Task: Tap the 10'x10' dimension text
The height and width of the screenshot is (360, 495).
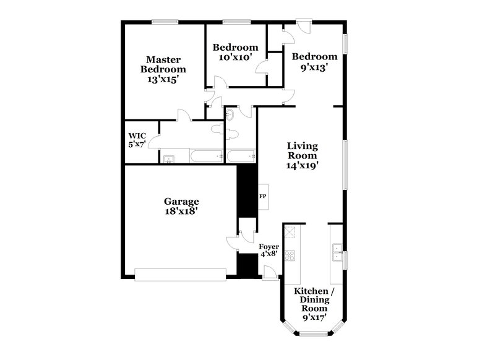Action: coord(235,58)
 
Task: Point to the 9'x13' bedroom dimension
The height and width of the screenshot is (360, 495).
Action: coord(315,67)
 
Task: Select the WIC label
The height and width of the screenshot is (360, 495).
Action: coord(136,135)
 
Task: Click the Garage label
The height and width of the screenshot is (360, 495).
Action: coord(181,201)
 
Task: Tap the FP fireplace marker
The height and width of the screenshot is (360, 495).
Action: coord(262,196)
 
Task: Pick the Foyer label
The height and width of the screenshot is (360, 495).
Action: coord(268,246)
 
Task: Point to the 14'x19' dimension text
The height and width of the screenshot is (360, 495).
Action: coord(303,166)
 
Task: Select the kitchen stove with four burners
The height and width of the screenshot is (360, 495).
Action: coord(291,255)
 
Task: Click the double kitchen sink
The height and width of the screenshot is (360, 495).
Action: coord(337,251)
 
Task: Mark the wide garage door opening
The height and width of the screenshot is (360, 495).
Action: coord(181,274)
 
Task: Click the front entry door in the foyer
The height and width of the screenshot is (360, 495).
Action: coord(269,272)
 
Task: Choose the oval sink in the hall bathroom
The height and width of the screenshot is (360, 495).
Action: coord(230,114)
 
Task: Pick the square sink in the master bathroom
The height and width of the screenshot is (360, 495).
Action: coord(168,159)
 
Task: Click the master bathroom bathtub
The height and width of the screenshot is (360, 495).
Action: coord(204,156)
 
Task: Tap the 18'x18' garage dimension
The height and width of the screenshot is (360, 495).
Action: coord(181,211)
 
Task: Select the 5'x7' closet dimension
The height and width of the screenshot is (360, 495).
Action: coord(136,145)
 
